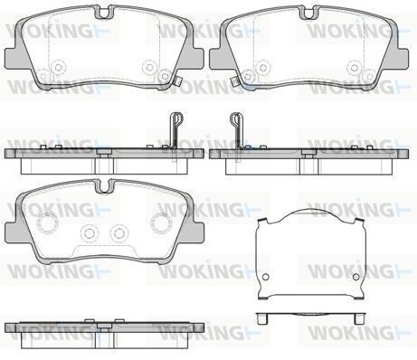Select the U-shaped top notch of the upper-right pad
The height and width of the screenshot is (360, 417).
click(308, 14)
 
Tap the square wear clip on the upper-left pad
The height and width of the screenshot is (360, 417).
click(178, 81)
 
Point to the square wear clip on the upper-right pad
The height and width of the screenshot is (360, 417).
click(234, 81)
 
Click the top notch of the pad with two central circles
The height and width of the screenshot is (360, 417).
click(104, 186)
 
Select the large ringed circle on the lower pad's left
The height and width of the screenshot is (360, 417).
click(47, 223)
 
